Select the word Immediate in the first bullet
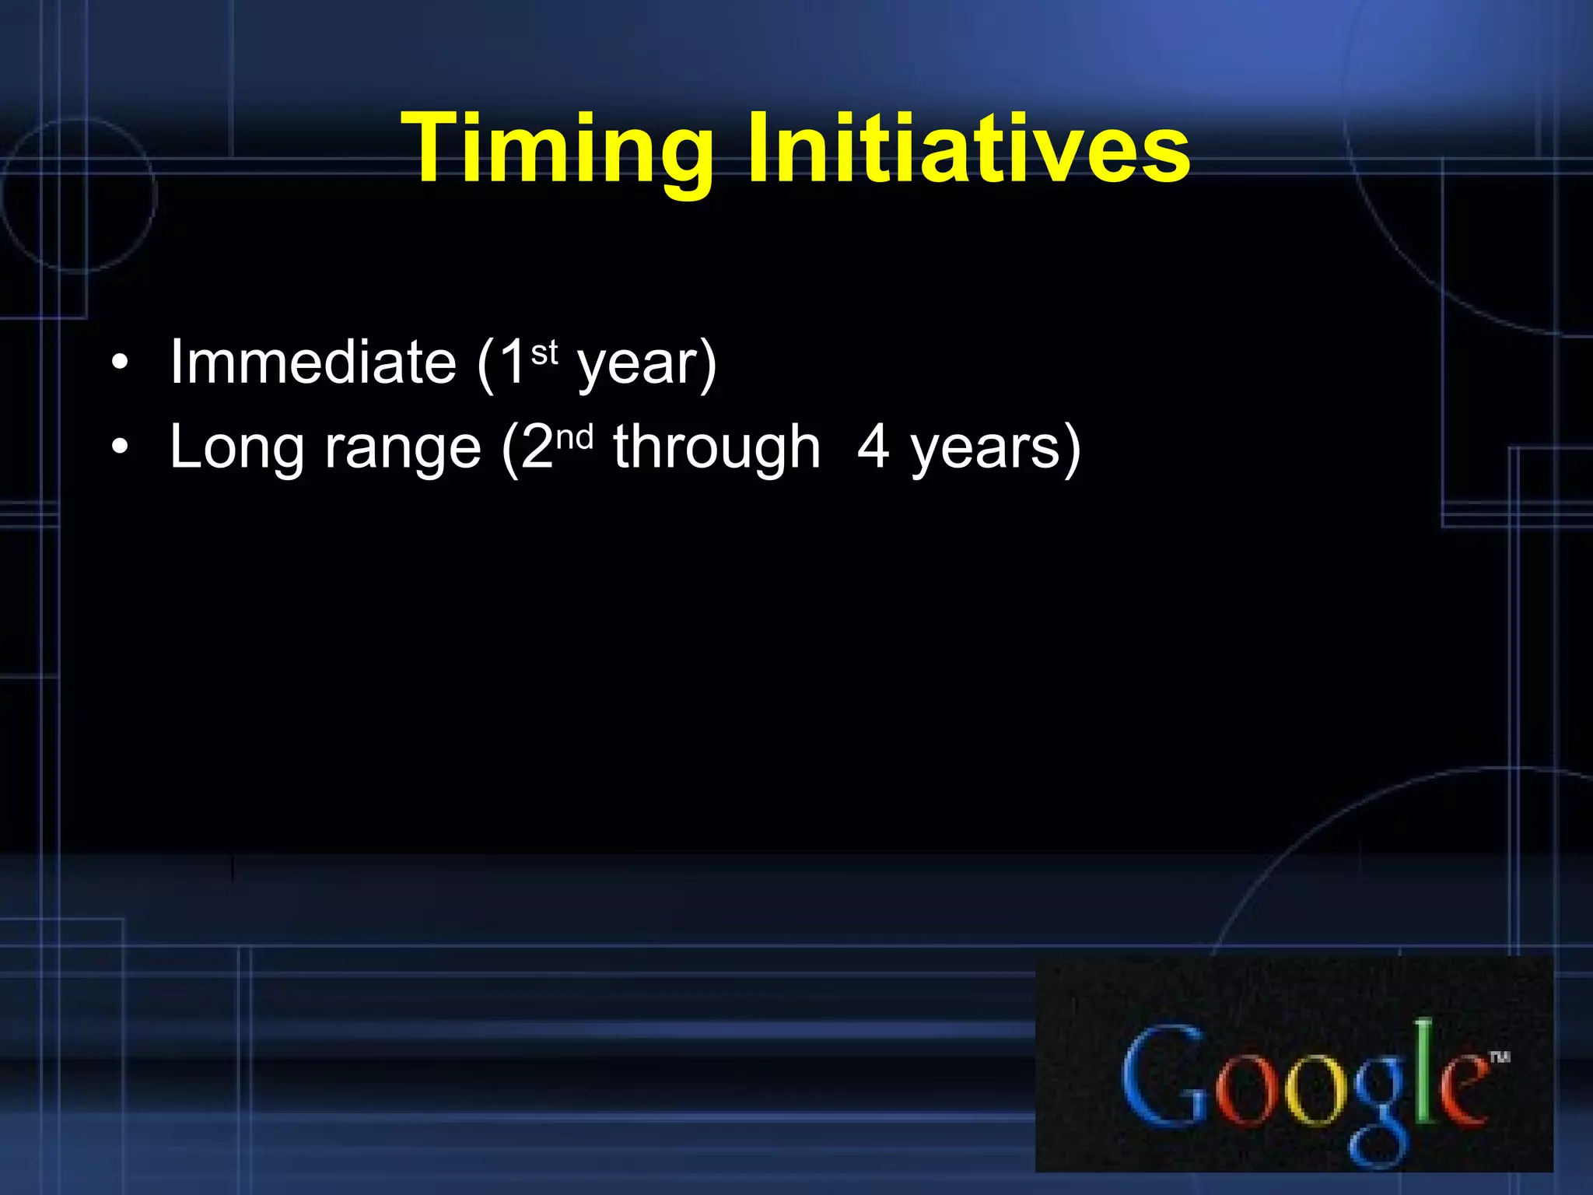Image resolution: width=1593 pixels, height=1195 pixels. click(x=313, y=363)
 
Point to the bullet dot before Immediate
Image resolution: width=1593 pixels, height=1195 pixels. click(x=119, y=363)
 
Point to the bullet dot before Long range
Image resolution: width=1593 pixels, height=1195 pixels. click(x=119, y=447)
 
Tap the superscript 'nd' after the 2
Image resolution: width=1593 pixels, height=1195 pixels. click(x=575, y=438)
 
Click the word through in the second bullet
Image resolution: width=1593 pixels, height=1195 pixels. click(x=716, y=450)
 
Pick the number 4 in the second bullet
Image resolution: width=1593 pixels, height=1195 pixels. click(x=873, y=447)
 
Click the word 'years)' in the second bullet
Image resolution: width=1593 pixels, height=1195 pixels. click(x=996, y=450)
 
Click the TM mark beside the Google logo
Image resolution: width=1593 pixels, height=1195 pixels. click(x=1500, y=1057)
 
